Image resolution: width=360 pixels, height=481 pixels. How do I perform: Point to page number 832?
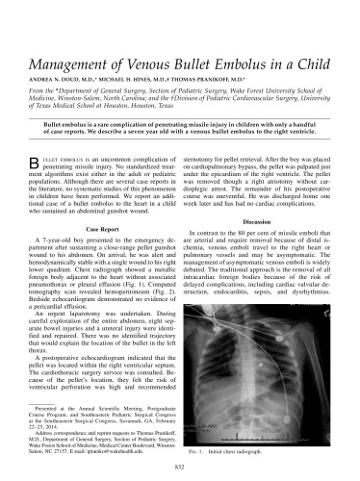179,466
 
